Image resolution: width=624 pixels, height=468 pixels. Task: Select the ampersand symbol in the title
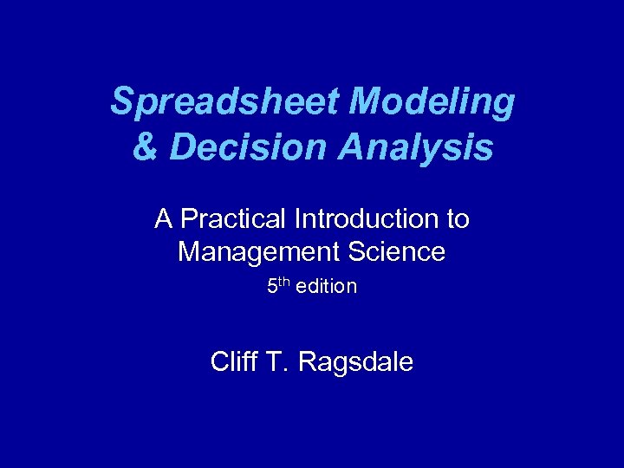tap(144, 146)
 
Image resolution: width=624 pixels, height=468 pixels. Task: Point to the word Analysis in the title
tap(418, 146)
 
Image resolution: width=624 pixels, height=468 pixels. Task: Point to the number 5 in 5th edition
tap(271, 287)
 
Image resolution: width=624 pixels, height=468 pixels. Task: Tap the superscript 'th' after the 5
tap(283, 283)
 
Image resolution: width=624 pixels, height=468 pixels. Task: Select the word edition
tap(326, 287)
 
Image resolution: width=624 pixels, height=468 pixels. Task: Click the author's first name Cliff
tap(234, 361)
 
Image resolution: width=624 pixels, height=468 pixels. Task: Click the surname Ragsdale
tap(355, 362)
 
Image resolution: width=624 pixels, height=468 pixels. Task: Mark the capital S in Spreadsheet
tap(121, 103)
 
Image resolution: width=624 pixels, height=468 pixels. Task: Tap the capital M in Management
tap(189, 252)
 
